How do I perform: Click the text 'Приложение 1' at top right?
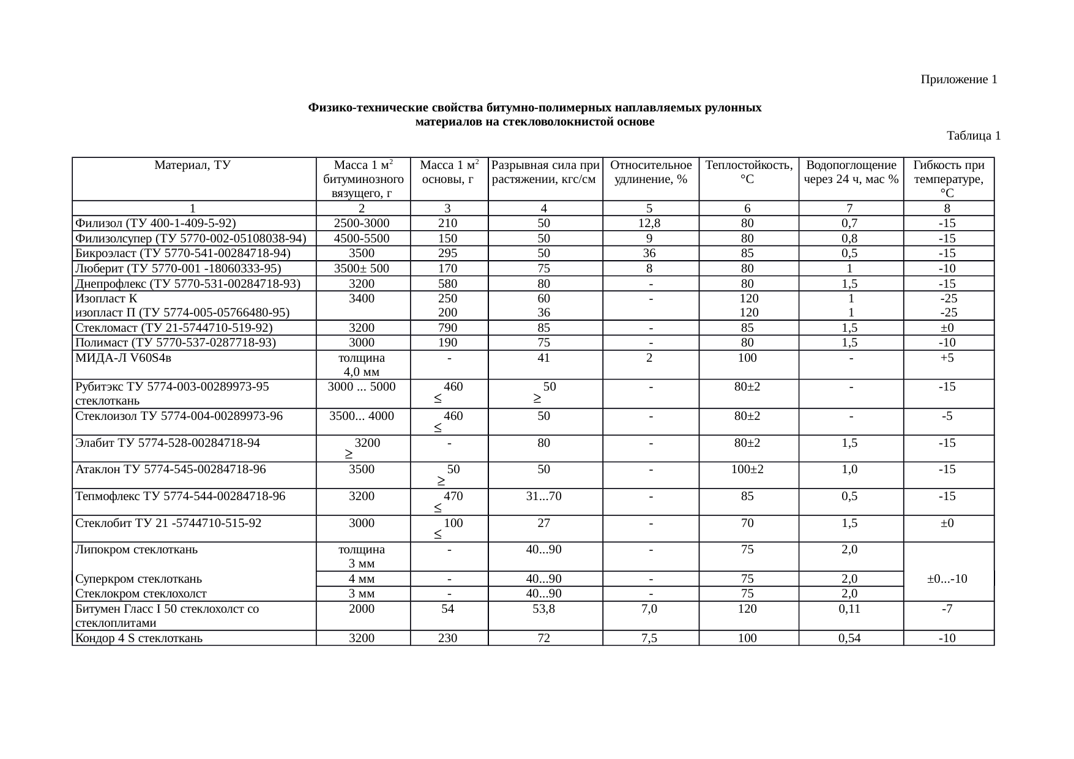[x=958, y=80]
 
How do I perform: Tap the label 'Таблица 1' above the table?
[x=973, y=135]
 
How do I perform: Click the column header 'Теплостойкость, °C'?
[x=748, y=172]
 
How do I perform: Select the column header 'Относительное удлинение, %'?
[x=651, y=172]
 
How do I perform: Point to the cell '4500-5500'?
[x=361, y=238]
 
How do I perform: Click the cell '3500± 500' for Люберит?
[x=361, y=268]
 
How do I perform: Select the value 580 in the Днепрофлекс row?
[x=448, y=283]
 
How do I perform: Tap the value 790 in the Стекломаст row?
[x=448, y=327]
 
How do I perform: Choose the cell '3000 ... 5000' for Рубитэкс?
[x=361, y=387]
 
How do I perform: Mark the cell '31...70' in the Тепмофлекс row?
[x=543, y=496]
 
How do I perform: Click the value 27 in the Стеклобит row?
[x=543, y=523]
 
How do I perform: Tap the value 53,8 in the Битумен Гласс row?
[x=543, y=609]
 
